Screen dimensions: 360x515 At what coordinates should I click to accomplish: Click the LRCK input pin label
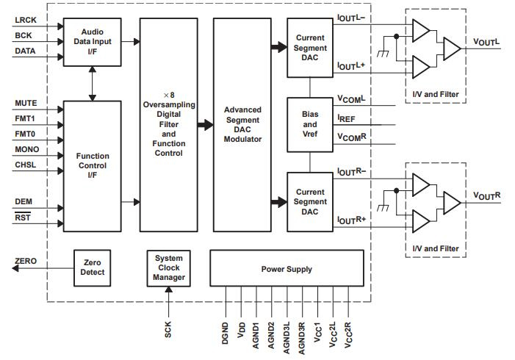pyautogui.click(x=26, y=21)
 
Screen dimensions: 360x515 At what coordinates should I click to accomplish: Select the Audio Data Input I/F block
pyautogui.click(x=92, y=42)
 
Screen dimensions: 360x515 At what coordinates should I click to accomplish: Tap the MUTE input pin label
pyautogui.click(x=26, y=104)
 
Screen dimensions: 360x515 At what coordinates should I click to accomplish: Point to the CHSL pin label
pyautogui.click(x=26, y=165)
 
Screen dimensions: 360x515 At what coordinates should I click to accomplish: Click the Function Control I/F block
pyautogui.click(x=92, y=165)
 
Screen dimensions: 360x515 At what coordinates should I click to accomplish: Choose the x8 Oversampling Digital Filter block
pyautogui.click(x=169, y=125)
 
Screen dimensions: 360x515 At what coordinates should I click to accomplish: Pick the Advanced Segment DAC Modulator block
pyautogui.click(x=242, y=125)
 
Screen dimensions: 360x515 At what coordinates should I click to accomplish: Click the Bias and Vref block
pyautogui.click(x=310, y=125)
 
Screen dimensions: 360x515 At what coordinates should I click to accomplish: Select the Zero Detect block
pyautogui.click(x=93, y=267)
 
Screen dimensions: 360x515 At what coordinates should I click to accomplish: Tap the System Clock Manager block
pyautogui.click(x=169, y=267)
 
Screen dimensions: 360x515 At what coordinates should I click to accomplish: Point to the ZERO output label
pyautogui.click(x=26, y=262)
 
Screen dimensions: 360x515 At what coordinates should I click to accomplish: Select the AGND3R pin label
pyautogui.click(x=302, y=331)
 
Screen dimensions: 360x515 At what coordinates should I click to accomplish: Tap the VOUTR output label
pyautogui.click(x=487, y=195)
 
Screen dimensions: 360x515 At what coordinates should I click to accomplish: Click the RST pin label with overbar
pyautogui.click(x=22, y=218)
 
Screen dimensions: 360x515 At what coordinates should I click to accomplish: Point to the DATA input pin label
pyautogui.click(x=26, y=51)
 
